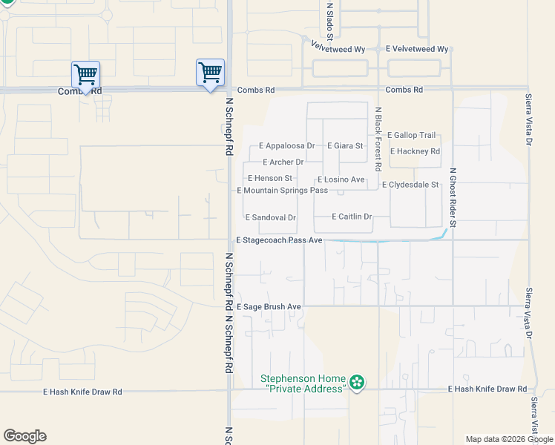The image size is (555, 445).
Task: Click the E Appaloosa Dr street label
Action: (287, 146)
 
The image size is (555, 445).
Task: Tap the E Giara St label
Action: (345, 146)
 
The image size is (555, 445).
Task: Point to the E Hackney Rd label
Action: (415, 151)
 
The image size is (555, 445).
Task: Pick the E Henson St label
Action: (270, 179)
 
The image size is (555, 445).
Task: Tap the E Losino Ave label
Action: (341, 179)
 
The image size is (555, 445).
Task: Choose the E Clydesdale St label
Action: (410, 184)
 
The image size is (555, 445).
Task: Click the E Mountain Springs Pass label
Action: (282, 191)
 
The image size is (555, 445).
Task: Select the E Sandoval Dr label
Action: (271, 218)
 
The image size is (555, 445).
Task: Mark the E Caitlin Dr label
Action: (342, 217)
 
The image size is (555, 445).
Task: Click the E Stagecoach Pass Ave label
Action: (279, 240)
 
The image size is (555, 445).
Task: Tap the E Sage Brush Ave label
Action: (269, 306)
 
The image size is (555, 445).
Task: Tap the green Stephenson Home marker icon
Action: (358, 383)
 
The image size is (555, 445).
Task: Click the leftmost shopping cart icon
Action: (86, 74)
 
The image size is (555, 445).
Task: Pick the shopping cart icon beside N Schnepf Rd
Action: (211, 73)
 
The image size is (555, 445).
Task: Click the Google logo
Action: (24, 436)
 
